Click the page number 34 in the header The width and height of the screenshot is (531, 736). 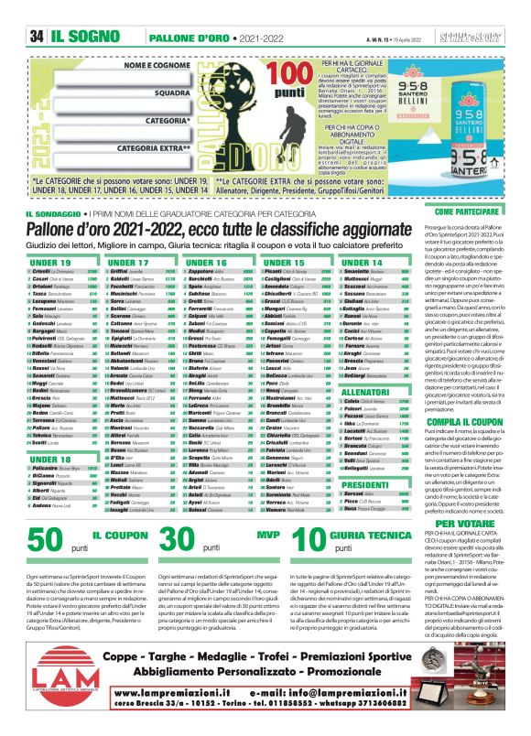(x=37, y=10)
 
